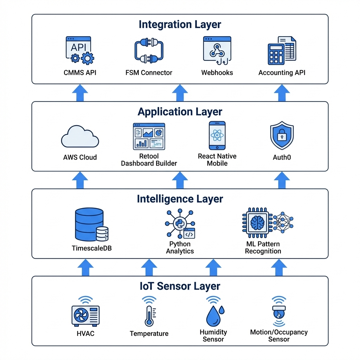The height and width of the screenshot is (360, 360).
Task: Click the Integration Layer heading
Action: coord(180,25)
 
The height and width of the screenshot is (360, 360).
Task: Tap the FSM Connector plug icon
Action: coord(149,51)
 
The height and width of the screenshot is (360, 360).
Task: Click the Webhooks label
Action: coord(217,73)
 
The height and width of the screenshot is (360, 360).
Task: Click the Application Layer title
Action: coord(180,112)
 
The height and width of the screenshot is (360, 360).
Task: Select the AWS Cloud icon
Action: coord(80,138)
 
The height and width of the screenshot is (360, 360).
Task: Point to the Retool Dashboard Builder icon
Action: coord(149,136)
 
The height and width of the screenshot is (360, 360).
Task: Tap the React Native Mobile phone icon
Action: coord(217,136)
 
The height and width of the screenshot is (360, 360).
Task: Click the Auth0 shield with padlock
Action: coord(282,136)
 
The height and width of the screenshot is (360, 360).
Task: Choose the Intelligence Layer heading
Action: coord(180,199)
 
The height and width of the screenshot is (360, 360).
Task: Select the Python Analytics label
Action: coord(180,247)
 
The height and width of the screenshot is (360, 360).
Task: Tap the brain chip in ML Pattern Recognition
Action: coord(257,223)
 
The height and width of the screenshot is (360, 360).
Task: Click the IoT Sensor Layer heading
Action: coord(180,286)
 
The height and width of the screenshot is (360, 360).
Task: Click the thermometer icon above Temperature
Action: coord(149,315)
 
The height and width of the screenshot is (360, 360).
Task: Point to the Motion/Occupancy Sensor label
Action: coord(279,336)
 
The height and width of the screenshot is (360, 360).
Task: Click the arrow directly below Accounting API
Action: coord(282,93)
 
